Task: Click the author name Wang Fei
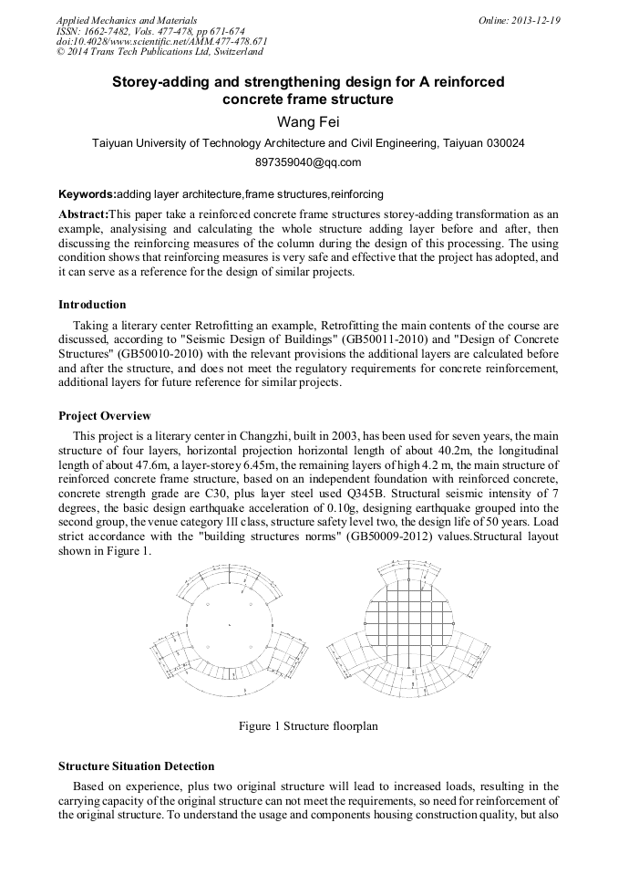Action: (x=308, y=122)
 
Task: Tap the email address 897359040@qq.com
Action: (x=308, y=163)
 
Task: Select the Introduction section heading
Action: (x=92, y=305)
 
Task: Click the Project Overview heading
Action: (x=105, y=415)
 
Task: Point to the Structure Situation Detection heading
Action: (x=136, y=766)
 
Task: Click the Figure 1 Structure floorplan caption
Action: (x=308, y=726)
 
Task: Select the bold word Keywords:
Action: (x=88, y=194)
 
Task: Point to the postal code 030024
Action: (x=503, y=143)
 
